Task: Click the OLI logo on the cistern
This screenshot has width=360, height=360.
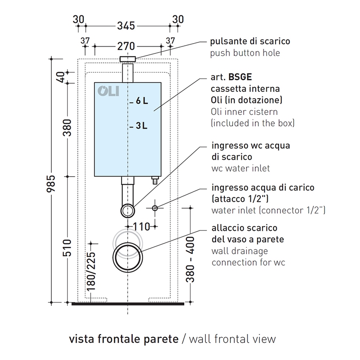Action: click(x=108, y=91)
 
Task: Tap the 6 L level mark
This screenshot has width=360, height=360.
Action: click(x=139, y=101)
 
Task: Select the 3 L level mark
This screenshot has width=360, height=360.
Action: click(x=138, y=126)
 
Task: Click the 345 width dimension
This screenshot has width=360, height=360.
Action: click(x=126, y=26)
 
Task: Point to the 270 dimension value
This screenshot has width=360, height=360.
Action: click(x=126, y=47)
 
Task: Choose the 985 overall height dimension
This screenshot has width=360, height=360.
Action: click(x=51, y=183)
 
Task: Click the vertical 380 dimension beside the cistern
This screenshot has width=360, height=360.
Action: click(x=67, y=127)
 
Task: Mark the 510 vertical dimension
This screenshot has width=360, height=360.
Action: click(x=67, y=248)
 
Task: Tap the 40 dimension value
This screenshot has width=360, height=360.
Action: click(x=61, y=78)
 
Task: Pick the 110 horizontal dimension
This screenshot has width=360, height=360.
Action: click(x=141, y=227)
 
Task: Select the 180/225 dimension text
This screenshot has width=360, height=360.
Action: click(x=91, y=271)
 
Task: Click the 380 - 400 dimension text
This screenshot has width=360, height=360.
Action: click(x=190, y=260)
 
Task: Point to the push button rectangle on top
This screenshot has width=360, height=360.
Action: click(x=127, y=59)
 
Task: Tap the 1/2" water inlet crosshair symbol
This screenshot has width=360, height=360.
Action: click(x=155, y=208)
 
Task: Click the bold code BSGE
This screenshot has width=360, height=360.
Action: click(x=240, y=77)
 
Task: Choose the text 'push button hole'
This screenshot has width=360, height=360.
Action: click(x=245, y=53)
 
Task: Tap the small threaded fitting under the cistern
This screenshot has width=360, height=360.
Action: click(x=155, y=180)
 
